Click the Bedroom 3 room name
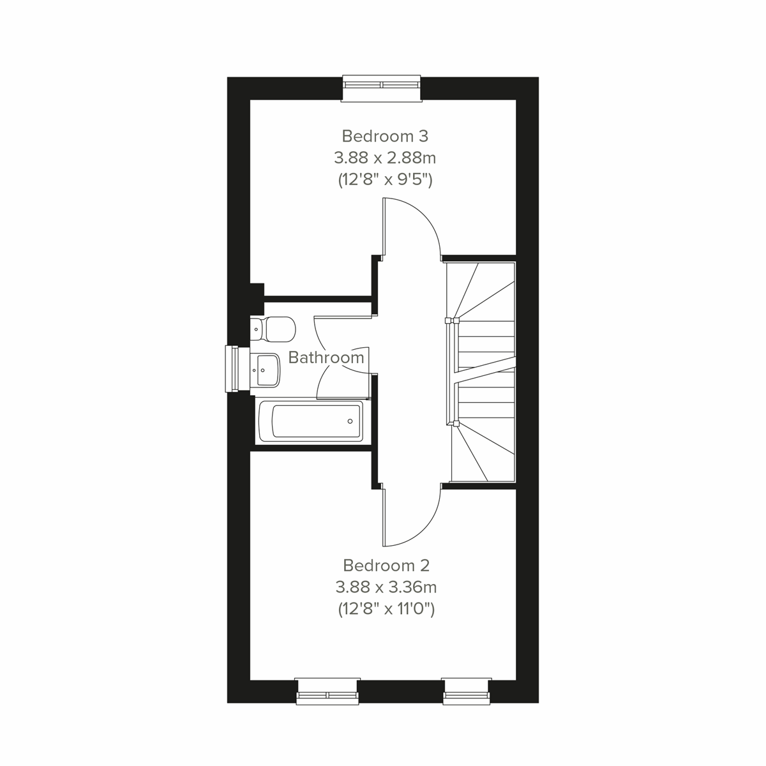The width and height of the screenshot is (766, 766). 385,136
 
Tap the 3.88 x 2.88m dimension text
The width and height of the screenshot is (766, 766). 385,158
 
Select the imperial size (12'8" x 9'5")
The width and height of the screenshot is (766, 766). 385,180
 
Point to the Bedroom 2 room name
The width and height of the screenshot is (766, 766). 386,565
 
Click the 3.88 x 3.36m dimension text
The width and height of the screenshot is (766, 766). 386,587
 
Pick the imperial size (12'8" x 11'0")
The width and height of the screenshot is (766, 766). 386,610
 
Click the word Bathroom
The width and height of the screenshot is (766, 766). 326,357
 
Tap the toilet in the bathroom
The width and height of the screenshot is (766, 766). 274,329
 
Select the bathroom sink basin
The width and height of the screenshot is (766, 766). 266,369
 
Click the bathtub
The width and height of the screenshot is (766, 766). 310,421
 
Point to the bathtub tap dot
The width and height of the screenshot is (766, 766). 350,421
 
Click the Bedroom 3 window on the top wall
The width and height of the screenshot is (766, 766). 382,87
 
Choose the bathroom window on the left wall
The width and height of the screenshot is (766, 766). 233,368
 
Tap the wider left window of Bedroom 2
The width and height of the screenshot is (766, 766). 328,691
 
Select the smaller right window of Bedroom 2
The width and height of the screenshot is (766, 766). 466,691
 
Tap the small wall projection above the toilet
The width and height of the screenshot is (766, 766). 257,290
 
